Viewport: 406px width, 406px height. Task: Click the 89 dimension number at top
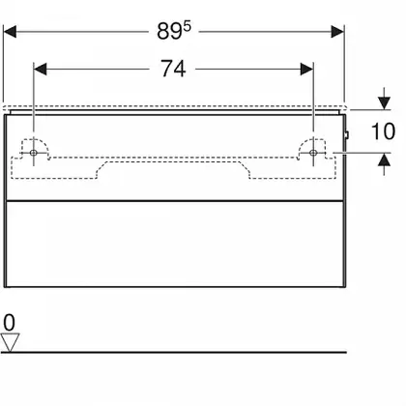click(169, 32)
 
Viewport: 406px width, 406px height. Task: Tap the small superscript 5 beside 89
click(188, 27)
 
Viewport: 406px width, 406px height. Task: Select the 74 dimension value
click(173, 69)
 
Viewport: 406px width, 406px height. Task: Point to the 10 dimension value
click(383, 131)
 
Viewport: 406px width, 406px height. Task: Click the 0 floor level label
click(9, 323)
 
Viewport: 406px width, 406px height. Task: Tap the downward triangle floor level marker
click(10, 342)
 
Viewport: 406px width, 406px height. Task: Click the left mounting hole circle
click(34, 153)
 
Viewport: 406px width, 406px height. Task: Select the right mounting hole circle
click(312, 153)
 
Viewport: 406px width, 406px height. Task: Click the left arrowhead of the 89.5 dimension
click(10, 32)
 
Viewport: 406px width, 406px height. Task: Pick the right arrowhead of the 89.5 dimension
click(337, 32)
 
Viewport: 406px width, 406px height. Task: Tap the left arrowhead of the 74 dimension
click(41, 69)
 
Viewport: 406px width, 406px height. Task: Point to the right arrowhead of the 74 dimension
click(306, 69)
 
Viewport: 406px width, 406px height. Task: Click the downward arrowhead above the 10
click(384, 103)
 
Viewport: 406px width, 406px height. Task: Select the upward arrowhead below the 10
click(384, 159)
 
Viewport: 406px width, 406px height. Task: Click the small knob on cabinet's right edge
click(347, 135)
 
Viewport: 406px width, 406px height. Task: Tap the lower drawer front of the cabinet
click(174, 244)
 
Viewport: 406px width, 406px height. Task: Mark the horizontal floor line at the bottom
click(174, 352)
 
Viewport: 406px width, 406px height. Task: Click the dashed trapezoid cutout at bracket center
click(173, 170)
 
